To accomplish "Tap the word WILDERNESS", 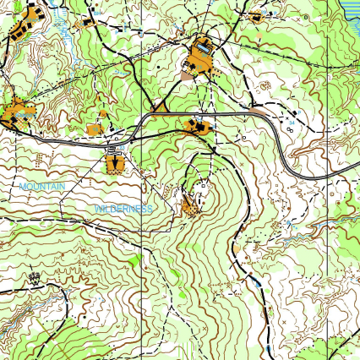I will pyautogui.click(x=123, y=207).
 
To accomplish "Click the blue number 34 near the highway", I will pyautogui.click(x=292, y=123).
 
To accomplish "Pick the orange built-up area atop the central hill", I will pyautogui.click(x=191, y=205).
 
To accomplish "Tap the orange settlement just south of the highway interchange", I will pyautogui.click(x=114, y=162).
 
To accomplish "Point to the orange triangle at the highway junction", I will pyautogui.click(x=160, y=108).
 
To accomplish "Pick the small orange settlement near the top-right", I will pyautogui.click(x=257, y=15).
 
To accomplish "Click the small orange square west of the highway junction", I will pyautogui.click(x=94, y=129).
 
